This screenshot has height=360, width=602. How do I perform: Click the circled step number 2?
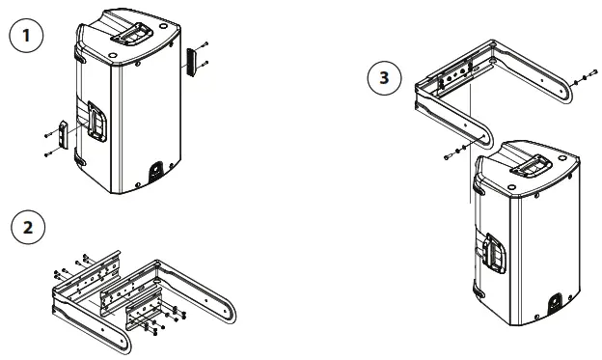click(x=27, y=230)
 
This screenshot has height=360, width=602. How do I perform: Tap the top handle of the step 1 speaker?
click(x=129, y=33)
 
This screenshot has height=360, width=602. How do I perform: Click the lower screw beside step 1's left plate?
click(x=46, y=154)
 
